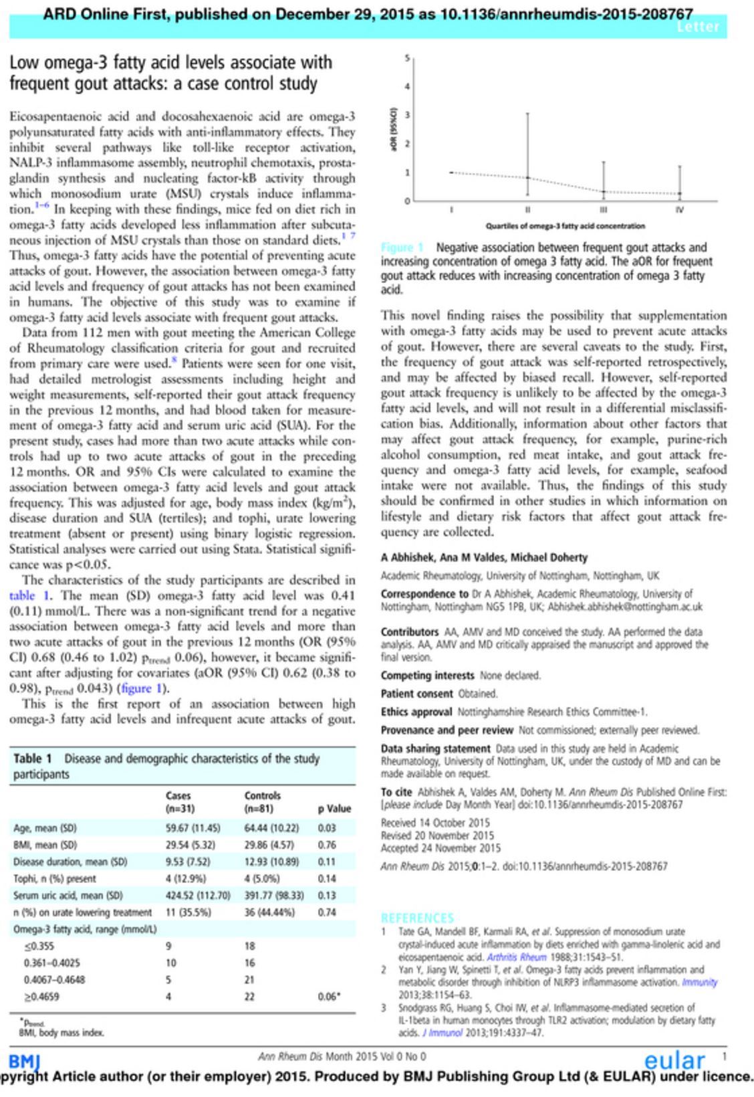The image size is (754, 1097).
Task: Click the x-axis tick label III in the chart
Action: coord(604,209)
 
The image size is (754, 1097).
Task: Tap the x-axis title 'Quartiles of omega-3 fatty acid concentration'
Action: coord(565,226)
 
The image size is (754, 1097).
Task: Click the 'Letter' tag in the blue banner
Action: coord(698,27)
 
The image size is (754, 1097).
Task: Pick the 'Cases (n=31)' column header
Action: coord(178,801)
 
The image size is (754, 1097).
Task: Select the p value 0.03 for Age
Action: coord(327,827)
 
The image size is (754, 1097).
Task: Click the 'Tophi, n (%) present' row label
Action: coord(55,878)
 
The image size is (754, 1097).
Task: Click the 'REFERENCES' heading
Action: coord(417,918)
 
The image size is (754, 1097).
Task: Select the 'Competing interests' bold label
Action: coord(427,676)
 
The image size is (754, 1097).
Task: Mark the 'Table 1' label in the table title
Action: coord(33,759)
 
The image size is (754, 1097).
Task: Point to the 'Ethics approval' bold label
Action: coord(417,712)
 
